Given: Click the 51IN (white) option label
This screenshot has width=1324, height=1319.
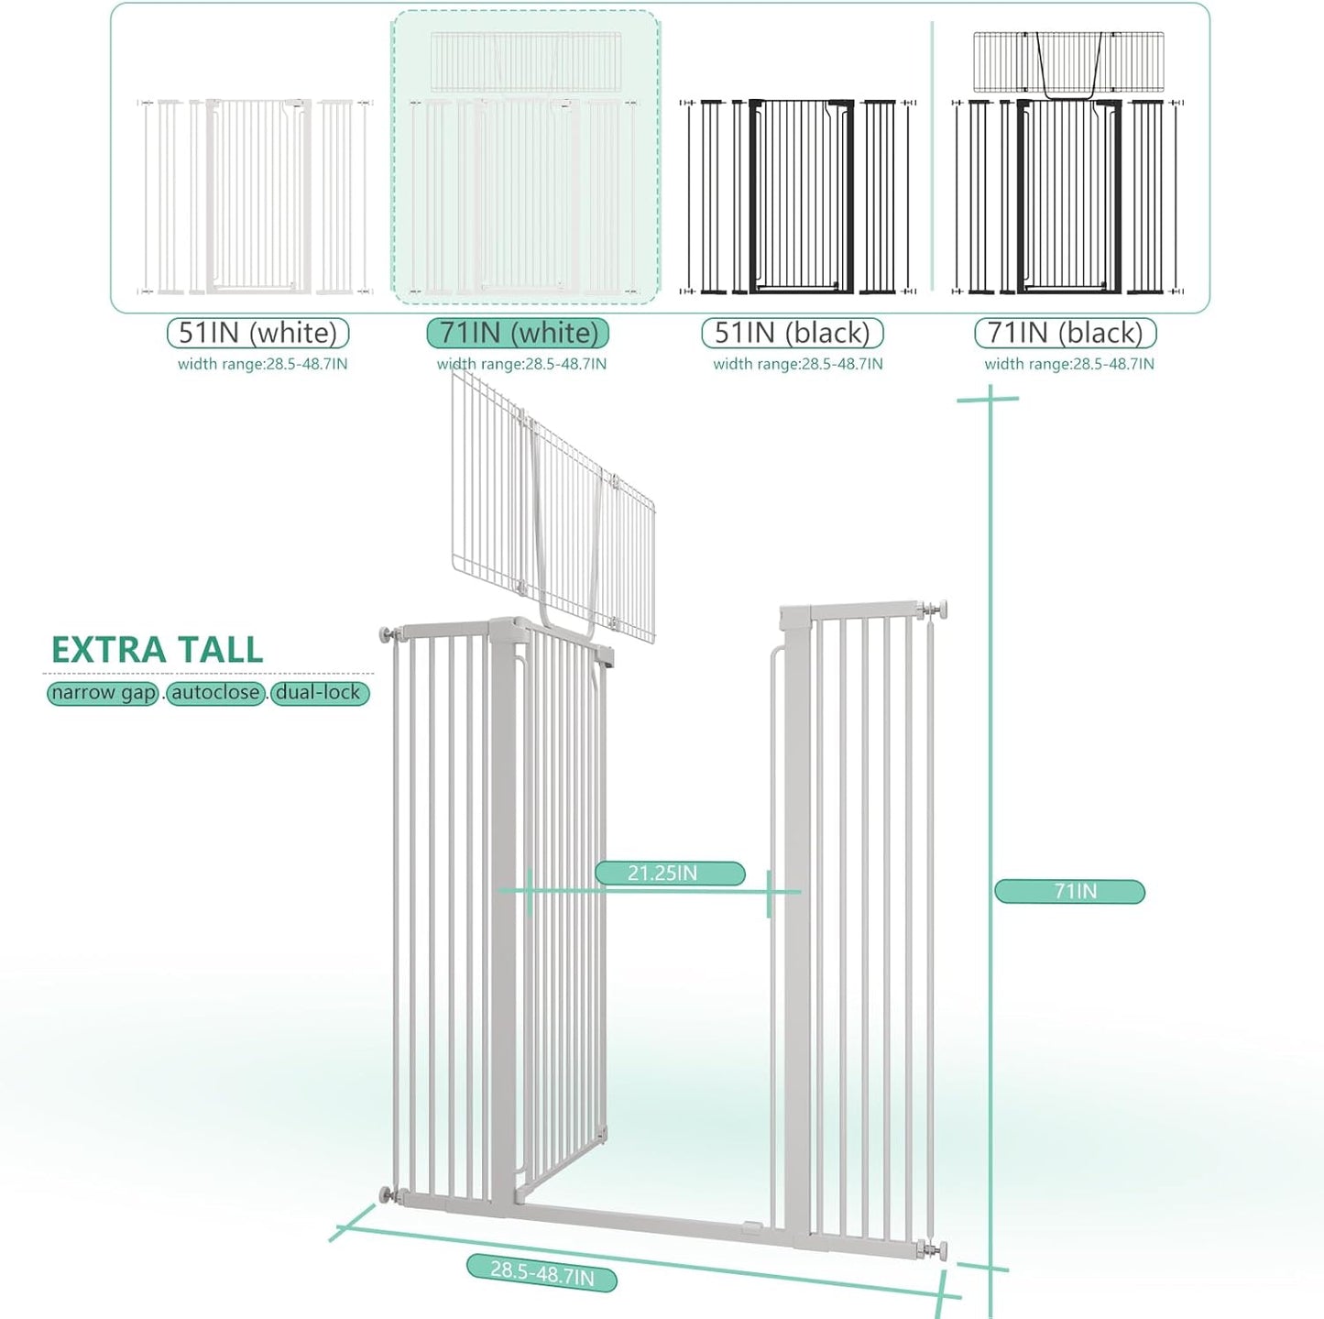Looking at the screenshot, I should click(257, 333).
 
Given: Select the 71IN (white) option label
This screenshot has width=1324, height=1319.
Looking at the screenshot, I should click(518, 333).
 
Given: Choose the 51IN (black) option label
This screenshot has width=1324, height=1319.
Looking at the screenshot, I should click(792, 333).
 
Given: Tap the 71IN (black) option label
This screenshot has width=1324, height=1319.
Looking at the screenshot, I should click(1065, 333).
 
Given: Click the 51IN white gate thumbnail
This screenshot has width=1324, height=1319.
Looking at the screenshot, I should click(256, 197).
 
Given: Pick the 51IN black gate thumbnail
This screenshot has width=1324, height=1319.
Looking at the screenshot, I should click(798, 197).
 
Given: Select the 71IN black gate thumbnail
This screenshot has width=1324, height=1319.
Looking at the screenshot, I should click(1068, 165).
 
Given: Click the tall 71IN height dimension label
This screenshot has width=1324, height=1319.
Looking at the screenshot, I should click(1069, 891).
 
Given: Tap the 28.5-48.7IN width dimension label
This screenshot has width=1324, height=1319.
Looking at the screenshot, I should click(542, 1272).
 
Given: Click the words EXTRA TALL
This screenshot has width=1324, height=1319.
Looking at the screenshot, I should click(158, 650).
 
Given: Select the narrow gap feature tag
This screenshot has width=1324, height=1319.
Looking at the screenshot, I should click(103, 693).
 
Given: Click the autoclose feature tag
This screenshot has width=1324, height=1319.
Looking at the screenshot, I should click(216, 693).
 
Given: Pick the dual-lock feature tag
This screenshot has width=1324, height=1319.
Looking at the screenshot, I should click(319, 693).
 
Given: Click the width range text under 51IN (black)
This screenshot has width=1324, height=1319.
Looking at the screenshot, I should click(797, 364).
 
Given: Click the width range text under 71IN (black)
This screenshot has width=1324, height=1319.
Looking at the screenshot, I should click(1068, 364).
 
